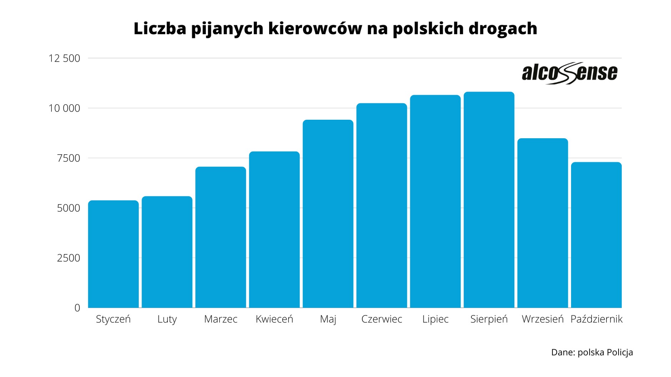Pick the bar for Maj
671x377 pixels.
coord(328,214)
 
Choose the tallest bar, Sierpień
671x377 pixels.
coord(489,200)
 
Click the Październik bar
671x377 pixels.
coord(596,235)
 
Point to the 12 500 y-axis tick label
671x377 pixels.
coord(64,58)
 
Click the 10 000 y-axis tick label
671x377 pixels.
coord(64,108)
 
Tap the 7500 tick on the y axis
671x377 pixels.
coord(69,158)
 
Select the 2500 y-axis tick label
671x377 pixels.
coord(69,258)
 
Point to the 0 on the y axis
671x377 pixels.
coord(77,308)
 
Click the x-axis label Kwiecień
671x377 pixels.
coord(274,319)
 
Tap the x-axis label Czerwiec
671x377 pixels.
coord(382,319)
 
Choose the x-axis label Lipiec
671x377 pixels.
coord(435,319)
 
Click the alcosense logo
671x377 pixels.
coord(569,73)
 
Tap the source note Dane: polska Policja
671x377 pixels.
coord(592,352)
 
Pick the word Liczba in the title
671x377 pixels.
coord(160,29)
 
